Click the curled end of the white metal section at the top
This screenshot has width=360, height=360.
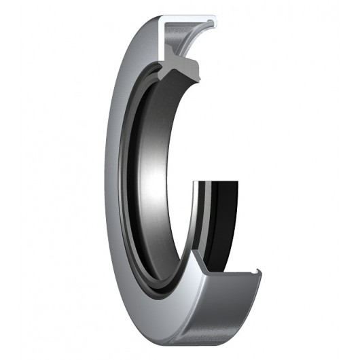click(215, 23)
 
